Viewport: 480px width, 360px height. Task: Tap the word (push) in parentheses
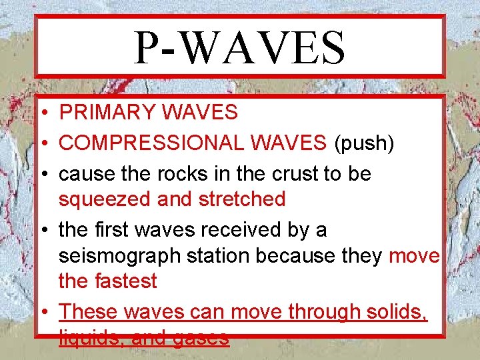(366, 143)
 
